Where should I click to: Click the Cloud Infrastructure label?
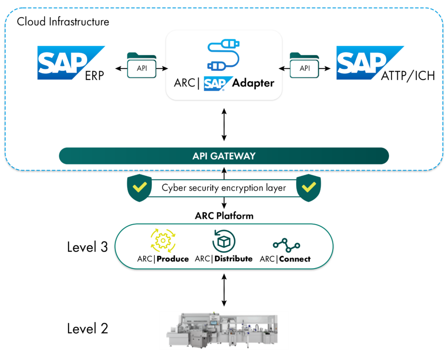pos(63,21)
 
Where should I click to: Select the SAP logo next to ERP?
pos(66,62)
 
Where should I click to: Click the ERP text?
pos(94,76)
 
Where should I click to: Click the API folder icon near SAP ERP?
pos(142,66)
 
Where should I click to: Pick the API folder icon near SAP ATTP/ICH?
pos(304,66)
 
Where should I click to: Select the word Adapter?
pos(253,83)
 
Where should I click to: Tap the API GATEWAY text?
pos(224,156)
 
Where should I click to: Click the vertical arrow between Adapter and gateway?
pos(224,125)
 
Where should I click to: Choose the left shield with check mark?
pos(139,188)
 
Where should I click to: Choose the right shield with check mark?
pos(309,188)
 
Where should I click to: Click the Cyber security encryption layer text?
pos(224,188)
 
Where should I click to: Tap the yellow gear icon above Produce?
pos(163,240)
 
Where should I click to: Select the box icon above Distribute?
pos(224,241)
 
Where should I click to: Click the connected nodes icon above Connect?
pos(286,245)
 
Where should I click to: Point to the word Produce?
pos(173,259)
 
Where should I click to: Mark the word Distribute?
pos(234,259)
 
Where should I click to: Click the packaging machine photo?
pos(224,331)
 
